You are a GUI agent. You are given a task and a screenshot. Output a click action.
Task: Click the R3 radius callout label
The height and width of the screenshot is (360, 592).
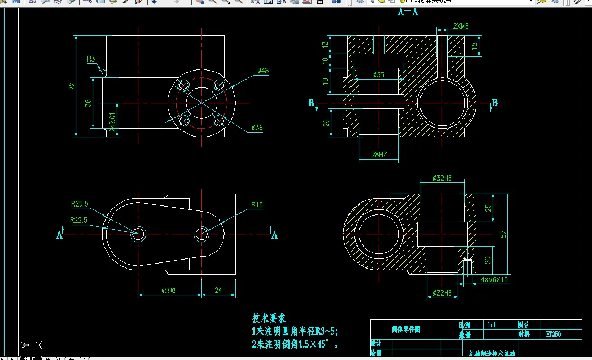(x=90, y=59)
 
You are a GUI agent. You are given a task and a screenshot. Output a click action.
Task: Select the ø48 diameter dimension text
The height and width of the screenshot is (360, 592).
(x=262, y=71)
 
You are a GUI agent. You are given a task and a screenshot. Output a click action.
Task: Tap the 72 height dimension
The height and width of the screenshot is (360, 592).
(x=72, y=86)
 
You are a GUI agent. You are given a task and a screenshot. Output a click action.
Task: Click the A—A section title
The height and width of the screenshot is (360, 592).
(x=408, y=12)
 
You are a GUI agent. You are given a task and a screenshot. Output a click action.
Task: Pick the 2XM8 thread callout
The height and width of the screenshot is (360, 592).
(x=461, y=26)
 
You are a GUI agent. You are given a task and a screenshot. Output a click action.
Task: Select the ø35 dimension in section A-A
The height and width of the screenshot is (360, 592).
(x=378, y=74)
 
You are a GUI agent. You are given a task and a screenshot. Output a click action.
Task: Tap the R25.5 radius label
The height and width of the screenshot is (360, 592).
(x=80, y=204)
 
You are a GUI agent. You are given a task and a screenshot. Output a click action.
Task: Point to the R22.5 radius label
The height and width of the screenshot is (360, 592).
(x=78, y=220)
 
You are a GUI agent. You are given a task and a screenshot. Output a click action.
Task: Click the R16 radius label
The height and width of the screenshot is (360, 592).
(x=257, y=205)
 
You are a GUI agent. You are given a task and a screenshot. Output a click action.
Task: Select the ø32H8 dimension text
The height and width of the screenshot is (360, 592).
(x=442, y=178)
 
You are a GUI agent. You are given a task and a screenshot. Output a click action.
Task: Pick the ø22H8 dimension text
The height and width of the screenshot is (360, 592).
(x=442, y=292)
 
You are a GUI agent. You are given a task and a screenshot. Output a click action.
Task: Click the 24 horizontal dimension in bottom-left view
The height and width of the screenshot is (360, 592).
(x=218, y=290)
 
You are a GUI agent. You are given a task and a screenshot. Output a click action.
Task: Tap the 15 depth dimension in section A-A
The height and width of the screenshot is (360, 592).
(x=475, y=45)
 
